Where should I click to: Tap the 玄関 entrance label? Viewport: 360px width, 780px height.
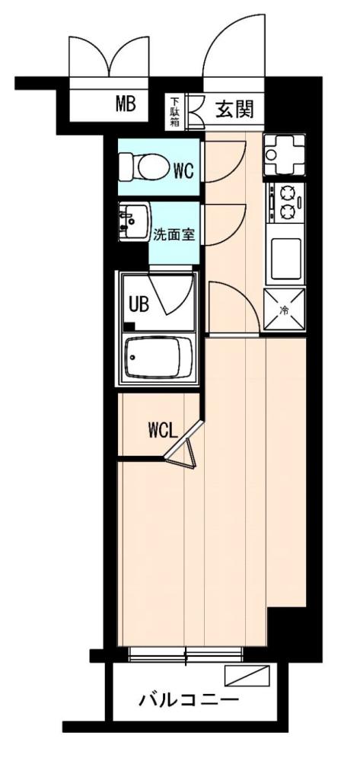234,109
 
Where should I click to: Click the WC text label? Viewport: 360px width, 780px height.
183,170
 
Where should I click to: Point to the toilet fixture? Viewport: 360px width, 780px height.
142,165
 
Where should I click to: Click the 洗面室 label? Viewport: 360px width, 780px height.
174,234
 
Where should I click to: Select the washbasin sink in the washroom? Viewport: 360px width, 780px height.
132,222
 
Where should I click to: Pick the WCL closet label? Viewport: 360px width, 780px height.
163,430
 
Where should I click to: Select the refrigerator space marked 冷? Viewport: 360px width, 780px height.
285,310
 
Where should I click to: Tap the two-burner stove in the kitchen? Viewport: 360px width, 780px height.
285,201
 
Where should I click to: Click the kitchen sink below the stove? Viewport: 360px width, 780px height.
285,259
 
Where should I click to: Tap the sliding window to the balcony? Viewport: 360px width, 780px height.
186,654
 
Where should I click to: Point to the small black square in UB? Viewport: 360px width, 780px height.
129,327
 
